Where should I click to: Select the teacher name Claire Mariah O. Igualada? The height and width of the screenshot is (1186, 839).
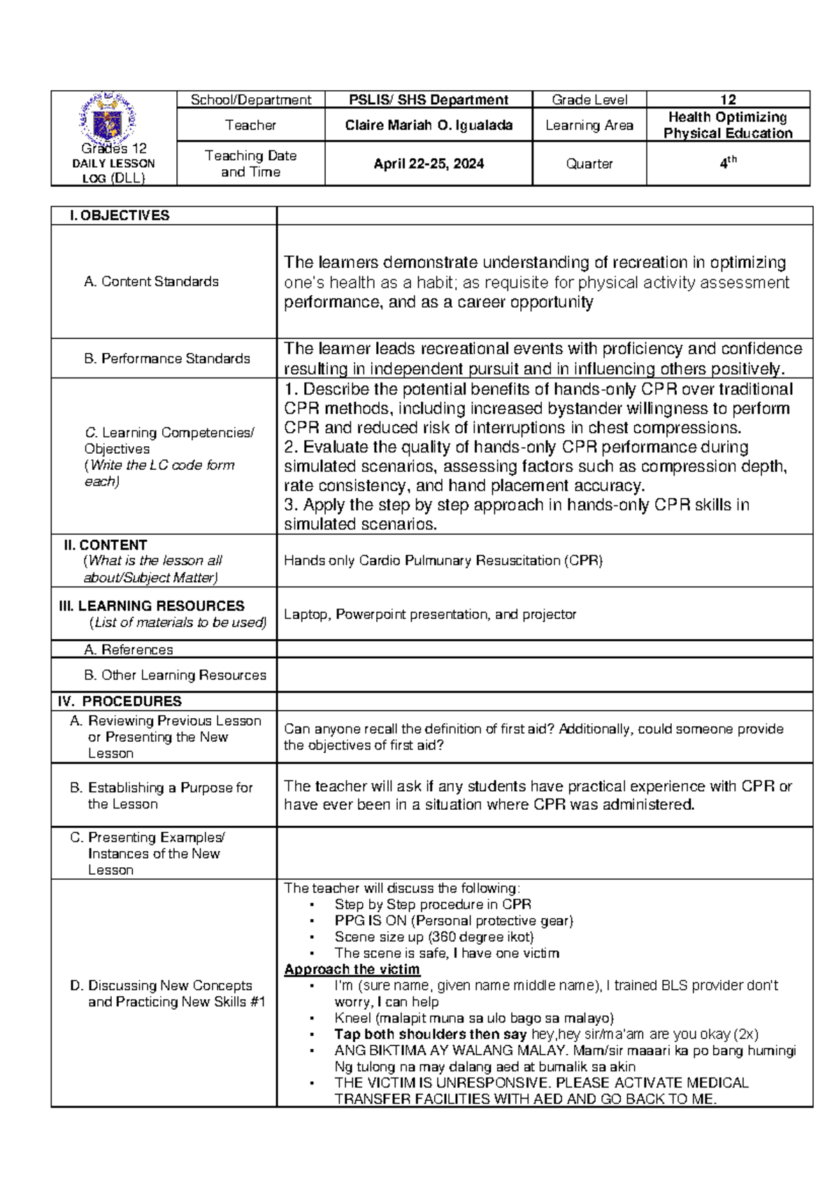click(x=429, y=125)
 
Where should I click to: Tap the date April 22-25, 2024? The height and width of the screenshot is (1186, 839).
click(x=429, y=164)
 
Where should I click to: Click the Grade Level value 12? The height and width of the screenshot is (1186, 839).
click(x=728, y=99)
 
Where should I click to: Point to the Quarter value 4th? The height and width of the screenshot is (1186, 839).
click(x=728, y=163)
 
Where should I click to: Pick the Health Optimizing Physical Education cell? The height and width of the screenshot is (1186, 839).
click(x=728, y=125)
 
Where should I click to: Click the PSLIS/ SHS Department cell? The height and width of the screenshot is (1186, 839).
click(x=429, y=99)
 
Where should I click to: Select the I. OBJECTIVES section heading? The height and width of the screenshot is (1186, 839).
click(x=120, y=215)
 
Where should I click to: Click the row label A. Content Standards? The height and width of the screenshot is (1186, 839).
click(x=151, y=281)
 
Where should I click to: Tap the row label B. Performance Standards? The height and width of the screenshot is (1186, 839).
click(x=167, y=358)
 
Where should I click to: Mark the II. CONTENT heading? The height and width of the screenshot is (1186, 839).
click(x=106, y=545)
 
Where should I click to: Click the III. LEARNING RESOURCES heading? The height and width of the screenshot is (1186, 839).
click(x=152, y=606)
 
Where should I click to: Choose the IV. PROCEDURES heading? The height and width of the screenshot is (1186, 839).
click(x=120, y=701)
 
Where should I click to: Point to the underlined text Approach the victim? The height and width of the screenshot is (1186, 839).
click(x=352, y=969)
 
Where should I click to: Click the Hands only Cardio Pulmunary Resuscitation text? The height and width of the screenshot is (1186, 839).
click(x=443, y=560)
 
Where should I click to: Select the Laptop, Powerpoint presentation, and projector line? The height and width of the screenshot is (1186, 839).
click(x=429, y=614)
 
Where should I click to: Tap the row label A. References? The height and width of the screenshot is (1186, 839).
click(x=128, y=649)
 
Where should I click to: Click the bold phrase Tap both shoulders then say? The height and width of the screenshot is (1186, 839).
click(x=430, y=1034)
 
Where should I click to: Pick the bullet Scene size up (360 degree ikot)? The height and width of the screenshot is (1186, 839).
click(x=433, y=936)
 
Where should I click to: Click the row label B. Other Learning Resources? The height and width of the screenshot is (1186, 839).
click(x=175, y=675)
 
